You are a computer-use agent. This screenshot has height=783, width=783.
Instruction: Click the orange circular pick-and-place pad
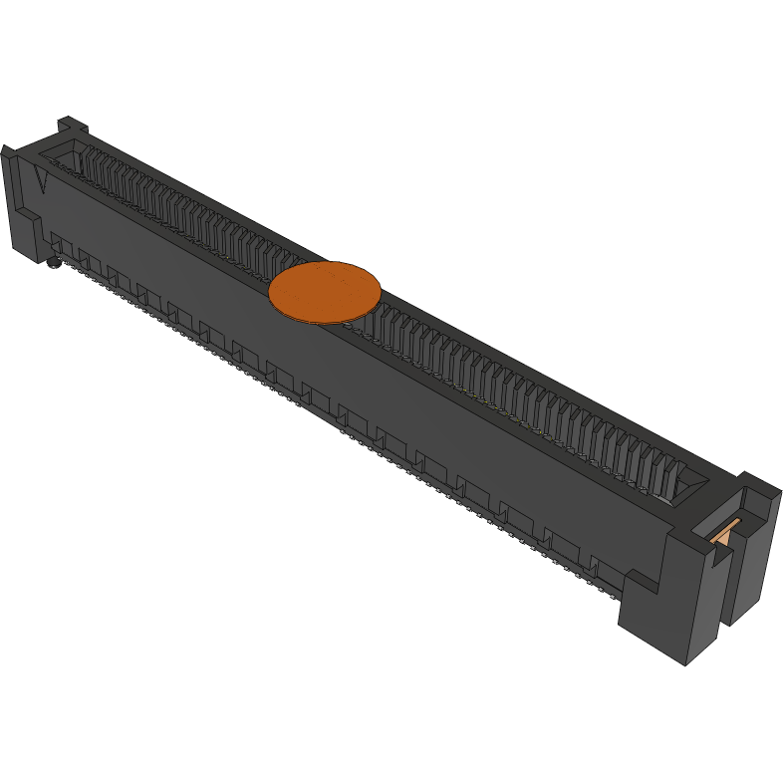(x=325, y=292)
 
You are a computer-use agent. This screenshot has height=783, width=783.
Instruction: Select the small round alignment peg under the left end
(x=50, y=263)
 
